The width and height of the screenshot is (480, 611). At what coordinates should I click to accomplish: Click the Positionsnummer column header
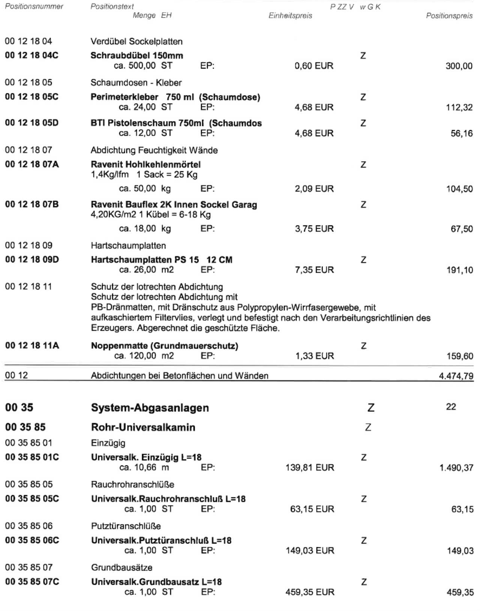click(34, 6)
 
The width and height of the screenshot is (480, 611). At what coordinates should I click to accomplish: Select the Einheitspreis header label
click(290, 16)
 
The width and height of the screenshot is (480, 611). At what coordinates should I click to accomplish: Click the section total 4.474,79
click(456, 376)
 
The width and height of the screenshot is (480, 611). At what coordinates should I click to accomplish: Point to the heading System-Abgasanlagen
click(150, 408)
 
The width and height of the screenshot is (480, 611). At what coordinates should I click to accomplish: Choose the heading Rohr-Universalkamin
click(143, 428)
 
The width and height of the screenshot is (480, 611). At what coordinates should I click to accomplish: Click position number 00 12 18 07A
click(32, 165)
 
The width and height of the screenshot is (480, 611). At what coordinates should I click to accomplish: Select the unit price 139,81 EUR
click(310, 468)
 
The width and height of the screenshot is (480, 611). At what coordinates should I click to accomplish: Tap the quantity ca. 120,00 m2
click(144, 356)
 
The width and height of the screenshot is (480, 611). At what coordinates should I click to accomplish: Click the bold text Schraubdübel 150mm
click(137, 56)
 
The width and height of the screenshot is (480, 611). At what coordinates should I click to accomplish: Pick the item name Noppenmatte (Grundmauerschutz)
click(164, 346)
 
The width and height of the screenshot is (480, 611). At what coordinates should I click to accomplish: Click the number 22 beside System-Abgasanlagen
click(451, 407)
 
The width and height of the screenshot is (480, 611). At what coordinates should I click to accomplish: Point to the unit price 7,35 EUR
click(314, 270)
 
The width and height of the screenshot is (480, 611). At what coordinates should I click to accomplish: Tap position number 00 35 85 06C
click(32, 540)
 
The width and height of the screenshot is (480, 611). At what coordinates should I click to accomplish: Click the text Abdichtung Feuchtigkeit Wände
click(154, 150)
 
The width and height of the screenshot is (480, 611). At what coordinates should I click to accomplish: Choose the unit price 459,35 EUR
click(310, 592)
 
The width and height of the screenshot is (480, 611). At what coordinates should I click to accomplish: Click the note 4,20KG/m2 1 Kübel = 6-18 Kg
click(151, 215)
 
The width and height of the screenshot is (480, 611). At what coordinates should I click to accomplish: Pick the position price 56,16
click(462, 134)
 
